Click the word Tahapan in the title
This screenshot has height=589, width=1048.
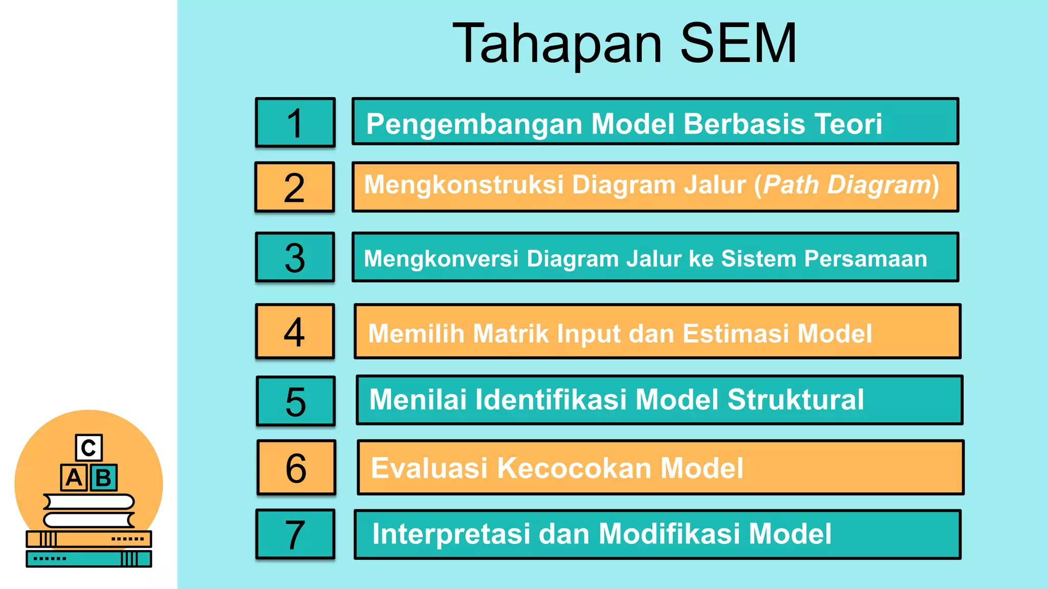pyautogui.click(x=558, y=45)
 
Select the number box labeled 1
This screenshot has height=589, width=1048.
pyautogui.click(x=295, y=123)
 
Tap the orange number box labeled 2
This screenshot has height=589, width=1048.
pyautogui.click(x=295, y=187)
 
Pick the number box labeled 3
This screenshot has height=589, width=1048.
pyautogui.click(x=295, y=257)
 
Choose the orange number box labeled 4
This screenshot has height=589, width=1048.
pyautogui.click(x=295, y=332)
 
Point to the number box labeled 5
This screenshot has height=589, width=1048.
pyautogui.click(x=296, y=401)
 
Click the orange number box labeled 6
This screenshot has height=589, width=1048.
pyautogui.click(x=296, y=468)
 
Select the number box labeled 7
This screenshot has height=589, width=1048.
pyautogui.click(x=295, y=534)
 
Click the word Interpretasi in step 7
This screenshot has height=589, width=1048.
pyautogui.click(x=451, y=534)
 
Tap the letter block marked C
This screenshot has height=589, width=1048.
pyautogui.click(x=89, y=448)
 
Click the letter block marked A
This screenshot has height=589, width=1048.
pyautogui.click(x=74, y=478)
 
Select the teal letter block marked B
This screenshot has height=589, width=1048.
pyautogui.click(x=104, y=478)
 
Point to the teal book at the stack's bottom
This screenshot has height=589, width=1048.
pyautogui.click(x=89, y=559)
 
